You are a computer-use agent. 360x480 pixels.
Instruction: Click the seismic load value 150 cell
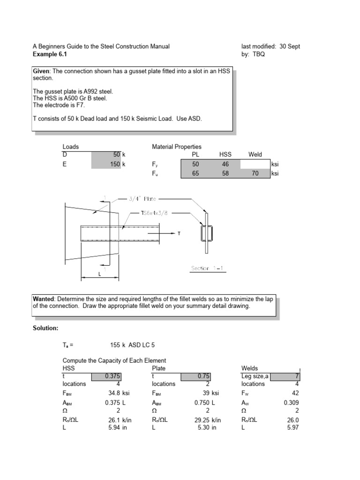(115, 164)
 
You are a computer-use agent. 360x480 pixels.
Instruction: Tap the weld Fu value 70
(255, 173)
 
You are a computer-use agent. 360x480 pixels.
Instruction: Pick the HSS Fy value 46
(225, 164)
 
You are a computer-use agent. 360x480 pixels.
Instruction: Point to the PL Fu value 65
(195, 173)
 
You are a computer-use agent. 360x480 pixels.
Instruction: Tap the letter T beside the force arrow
(178, 233)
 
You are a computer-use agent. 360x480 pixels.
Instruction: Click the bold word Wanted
(43, 299)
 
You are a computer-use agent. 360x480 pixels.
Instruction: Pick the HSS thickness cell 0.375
(112, 375)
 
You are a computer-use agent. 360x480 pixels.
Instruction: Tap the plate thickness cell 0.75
(204, 375)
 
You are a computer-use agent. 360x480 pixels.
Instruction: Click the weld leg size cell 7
(297, 375)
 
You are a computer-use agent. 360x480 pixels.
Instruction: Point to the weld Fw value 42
(295, 393)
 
